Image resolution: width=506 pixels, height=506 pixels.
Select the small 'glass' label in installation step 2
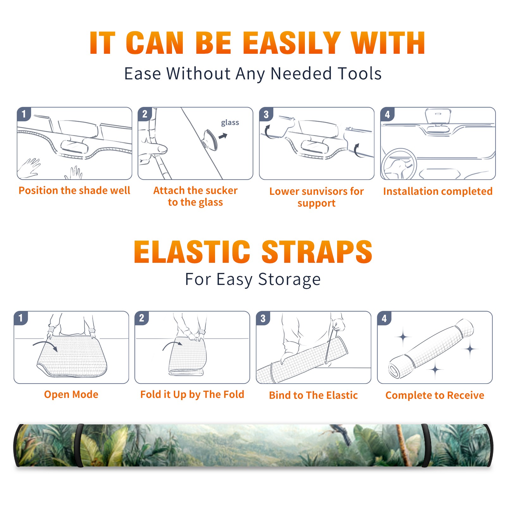pyautogui.click(x=230, y=123)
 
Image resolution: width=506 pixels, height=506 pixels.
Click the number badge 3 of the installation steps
pyautogui.click(x=266, y=114)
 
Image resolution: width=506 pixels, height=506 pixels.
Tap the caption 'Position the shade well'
pyautogui.click(x=74, y=190)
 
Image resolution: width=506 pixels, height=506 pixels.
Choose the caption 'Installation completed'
pyautogui.click(x=438, y=191)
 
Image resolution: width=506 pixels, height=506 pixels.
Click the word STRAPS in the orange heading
pyautogui.click(x=317, y=252)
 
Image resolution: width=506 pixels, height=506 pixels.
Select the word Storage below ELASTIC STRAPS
pyautogui.click(x=289, y=280)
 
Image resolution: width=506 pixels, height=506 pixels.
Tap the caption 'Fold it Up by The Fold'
pyautogui.click(x=192, y=394)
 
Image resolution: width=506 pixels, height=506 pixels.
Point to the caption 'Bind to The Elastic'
pyautogui.click(x=313, y=395)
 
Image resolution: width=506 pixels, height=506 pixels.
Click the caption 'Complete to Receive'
pyautogui.click(x=435, y=395)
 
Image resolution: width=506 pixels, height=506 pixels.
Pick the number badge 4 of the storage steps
pyautogui.click(x=384, y=318)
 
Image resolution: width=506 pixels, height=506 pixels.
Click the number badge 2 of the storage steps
pyautogui.click(x=141, y=318)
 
